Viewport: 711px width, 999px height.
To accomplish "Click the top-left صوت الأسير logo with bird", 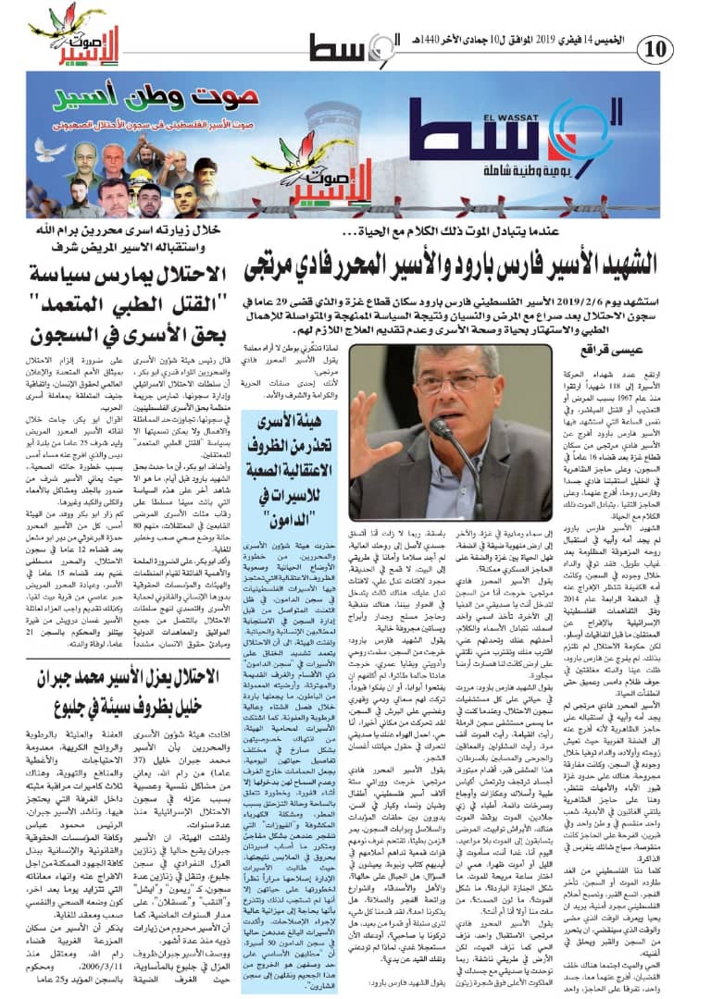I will (x=68, y=37).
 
